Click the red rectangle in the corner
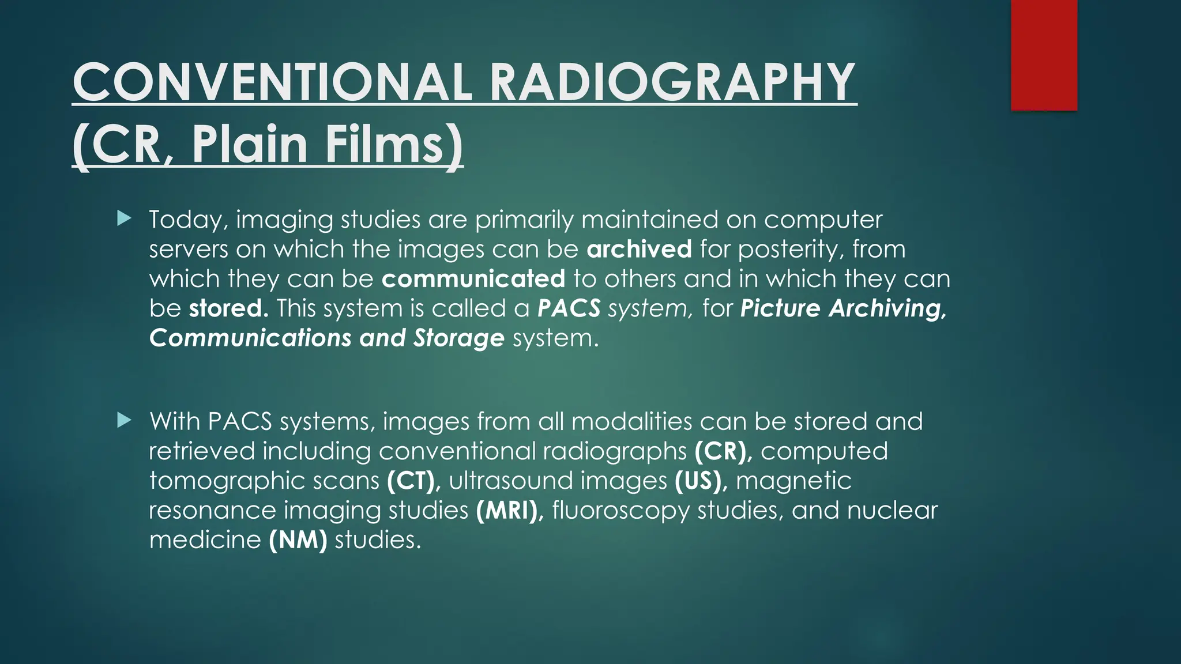(x=1044, y=55)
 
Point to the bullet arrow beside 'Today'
(x=124, y=218)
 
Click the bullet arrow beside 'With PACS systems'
(x=124, y=420)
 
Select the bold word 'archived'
(x=639, y=249)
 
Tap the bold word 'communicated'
(x=473, y=279)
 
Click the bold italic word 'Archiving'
(x=888, y=308)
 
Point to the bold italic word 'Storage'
(x=458, y=338)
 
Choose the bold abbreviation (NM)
(x=298, y=539)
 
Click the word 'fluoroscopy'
(x=620, y=510)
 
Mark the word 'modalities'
(x=631, y=421)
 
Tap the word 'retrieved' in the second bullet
(x=202, y=451)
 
